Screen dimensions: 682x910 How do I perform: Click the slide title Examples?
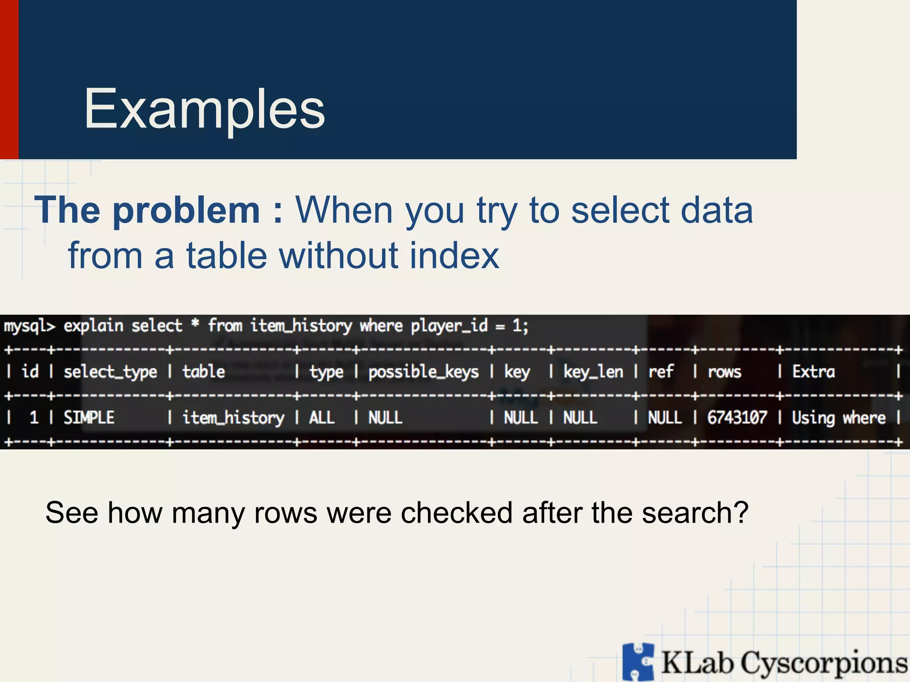[x=204, y=109]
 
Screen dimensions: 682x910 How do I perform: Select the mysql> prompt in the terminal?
[x=29, y=326]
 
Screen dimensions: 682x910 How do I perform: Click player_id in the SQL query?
[x=449, y=326]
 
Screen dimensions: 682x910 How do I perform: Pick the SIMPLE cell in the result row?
[x=89, y=418]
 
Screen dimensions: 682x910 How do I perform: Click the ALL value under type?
[x=322, y=418]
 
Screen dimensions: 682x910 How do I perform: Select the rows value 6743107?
[x=737, y=418]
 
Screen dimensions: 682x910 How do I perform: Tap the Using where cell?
[x=838, y=418]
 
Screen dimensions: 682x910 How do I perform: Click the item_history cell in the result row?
[x=233, y=418]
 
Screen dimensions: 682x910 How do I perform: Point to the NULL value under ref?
[x=665, y=418]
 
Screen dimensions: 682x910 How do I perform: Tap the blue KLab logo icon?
[x=638, y=662]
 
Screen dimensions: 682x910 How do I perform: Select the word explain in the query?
[x=93, y=326]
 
